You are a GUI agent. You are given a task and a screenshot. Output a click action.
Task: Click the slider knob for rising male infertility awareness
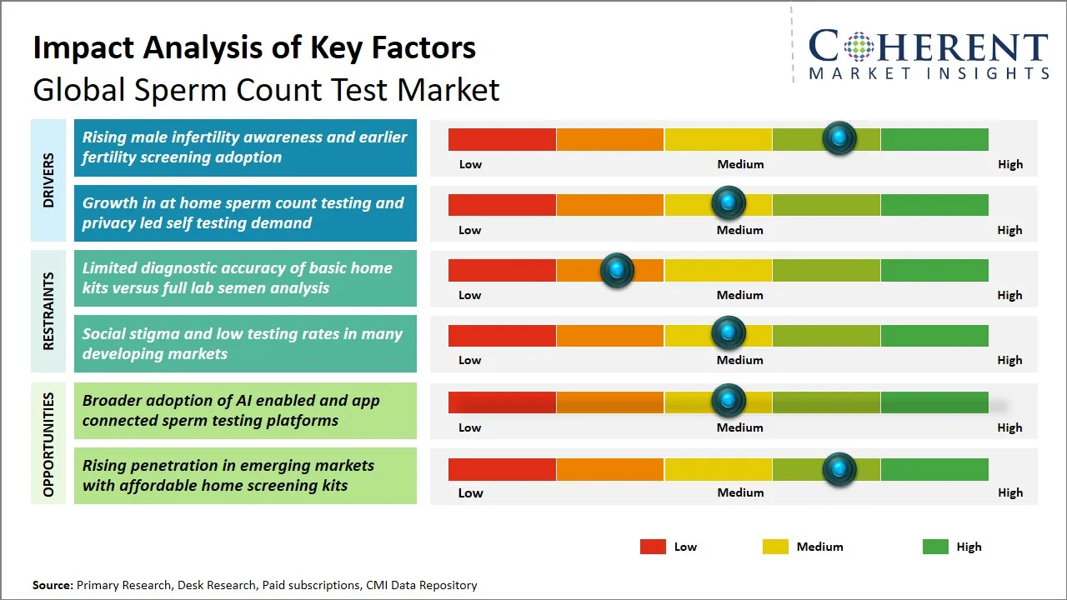(839, 137)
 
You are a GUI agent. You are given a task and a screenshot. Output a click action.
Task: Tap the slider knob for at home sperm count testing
(729, 202)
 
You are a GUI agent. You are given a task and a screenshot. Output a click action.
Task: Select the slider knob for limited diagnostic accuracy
(617, 270)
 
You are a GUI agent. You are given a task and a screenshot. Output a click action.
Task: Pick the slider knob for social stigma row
(729, 333)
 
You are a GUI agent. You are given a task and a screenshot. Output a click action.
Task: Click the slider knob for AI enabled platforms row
(729, 401)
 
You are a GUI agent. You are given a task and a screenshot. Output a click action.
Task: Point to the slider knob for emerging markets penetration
(839, 469)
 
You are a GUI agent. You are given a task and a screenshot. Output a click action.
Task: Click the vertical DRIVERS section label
(48, 180)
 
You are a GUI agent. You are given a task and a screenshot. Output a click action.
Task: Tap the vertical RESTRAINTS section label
(48, 311)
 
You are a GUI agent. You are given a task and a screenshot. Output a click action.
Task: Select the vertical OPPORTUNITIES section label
(48, 443)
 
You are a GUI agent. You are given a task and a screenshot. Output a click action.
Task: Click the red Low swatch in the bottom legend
(653, 547)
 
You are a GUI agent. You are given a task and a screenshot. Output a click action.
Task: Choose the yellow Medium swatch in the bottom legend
(775, 547)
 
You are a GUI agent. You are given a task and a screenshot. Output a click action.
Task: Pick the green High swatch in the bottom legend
(935, 547)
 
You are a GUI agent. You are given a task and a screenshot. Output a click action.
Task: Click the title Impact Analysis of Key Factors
(254, 47)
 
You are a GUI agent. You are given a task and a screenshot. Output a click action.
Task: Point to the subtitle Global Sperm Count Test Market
(266, 89)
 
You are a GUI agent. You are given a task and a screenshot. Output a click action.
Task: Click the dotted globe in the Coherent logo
(858, 47)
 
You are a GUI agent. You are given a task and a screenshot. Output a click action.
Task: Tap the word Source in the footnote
(53, 585)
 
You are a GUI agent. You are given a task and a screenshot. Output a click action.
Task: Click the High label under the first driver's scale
(1009, 164)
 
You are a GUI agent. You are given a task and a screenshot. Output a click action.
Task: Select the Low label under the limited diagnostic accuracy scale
(470, 295)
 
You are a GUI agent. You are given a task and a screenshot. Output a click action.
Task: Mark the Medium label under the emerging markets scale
(740, 492)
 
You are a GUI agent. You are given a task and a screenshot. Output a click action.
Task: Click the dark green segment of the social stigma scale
(934, 335)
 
